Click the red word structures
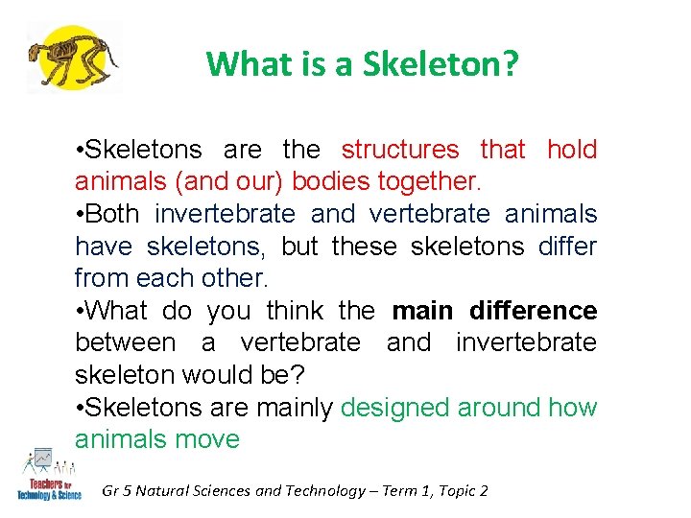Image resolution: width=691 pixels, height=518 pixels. click(x=400, y=150)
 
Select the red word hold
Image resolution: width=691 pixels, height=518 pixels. click(x=572, y=150)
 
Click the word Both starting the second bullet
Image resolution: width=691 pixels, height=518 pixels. click(x=112, y=214)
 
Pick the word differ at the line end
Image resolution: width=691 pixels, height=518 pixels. click(x=567, y=247)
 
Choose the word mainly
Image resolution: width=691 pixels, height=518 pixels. click(x=294, y=408)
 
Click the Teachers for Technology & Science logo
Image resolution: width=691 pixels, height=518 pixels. click(x=48, y=475)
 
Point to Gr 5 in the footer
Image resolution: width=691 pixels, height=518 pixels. click(x=116, y=491)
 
